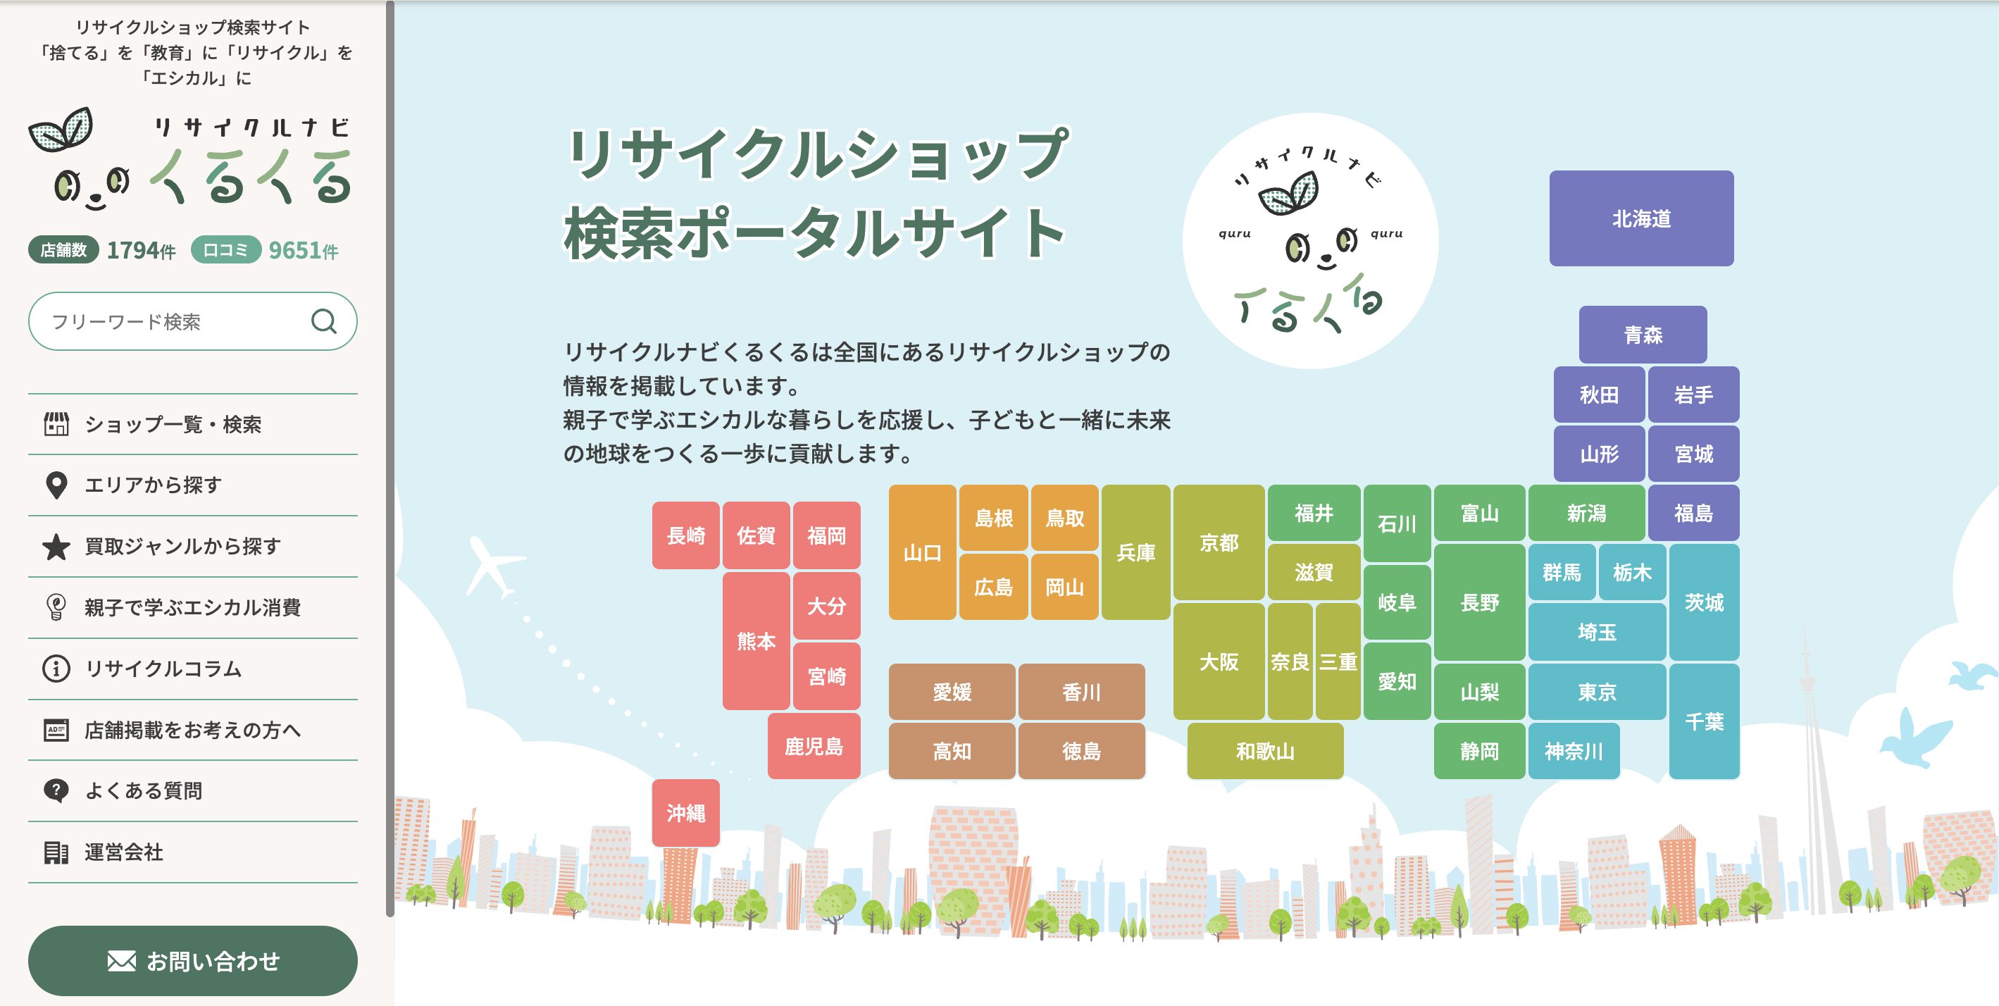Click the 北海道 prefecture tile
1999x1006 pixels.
(x=1641, y=218)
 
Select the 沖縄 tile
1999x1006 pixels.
(x=686, y=813)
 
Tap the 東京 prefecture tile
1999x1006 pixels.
(x=1597, y=692)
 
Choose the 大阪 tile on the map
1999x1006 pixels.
(x=1219, y=662)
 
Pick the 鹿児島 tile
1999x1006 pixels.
(x=814, y=746)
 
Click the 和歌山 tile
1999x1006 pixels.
(x=1265, y=750)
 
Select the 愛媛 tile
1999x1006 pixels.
(x=952, y=692)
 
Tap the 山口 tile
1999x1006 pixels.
(x=922, y=552)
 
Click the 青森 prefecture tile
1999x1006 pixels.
(x=1643, y=335)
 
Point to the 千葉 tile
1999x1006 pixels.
(x=1704, y=721)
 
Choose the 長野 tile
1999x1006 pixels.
(x=1480, y=602)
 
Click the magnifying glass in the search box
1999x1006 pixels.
(x=323, y=321)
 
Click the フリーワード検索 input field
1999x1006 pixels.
(x=192, y=321)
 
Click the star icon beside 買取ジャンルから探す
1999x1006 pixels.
(x=56, y=547)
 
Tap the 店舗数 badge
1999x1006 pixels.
(x=63, y=249)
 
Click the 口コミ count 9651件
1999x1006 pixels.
(x=304, y=250)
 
